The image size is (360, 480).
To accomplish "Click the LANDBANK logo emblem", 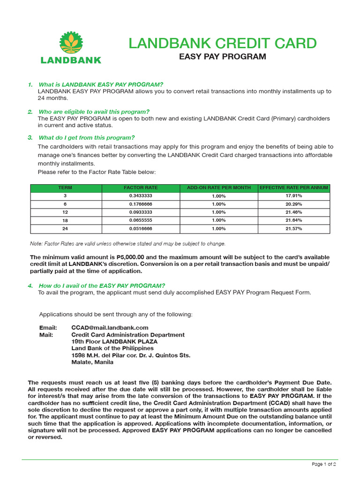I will pyautogui.click(x=71, y=43).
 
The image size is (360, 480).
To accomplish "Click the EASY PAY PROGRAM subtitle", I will pyautogui.click(x=223, y=57).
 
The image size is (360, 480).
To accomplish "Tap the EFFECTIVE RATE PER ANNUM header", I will pyautogui.click(x=294, y=187).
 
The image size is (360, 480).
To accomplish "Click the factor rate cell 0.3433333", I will pyautogui.click(x=141, y=196).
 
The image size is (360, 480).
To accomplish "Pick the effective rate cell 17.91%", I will pyautogui.click(x=294, y=196).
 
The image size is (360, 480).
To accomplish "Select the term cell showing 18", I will pyautogui.click(x=65, y=220).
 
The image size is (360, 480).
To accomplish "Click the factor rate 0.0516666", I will pyautogui.click(x=141, y=229).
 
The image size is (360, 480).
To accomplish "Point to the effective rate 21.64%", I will pyautogui.click(x=294, y=220).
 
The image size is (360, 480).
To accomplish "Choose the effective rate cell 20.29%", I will pyautogui.click(x=294, y=204).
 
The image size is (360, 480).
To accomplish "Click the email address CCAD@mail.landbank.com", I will pyautogui.click(x=110, y=328).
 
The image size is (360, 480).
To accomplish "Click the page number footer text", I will pyautogui.click(x=324, y=464).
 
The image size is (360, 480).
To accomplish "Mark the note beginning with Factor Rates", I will pyautogui.click(x=127, y=244).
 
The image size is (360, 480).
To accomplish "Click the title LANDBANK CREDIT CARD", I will pyautogui.click(x=223, y=44).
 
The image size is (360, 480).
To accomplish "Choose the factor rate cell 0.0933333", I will pyautogui.click(x=141, y=212).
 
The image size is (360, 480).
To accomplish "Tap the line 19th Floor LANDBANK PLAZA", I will pyautogui.click(x=114, y=342).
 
